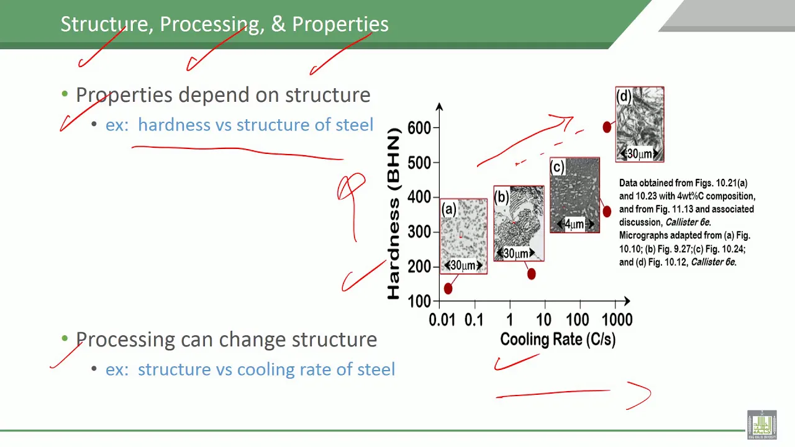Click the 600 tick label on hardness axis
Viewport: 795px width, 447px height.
point(419,128)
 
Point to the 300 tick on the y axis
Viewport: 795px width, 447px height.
point(419,232)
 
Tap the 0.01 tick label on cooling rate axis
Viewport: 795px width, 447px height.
point(442,320)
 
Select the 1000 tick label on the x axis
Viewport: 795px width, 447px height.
point(617,320)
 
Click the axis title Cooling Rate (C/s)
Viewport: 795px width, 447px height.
point(558,340)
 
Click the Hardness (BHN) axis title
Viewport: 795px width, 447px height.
point(394,214)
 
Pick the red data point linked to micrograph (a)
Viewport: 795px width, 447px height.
point(448,289)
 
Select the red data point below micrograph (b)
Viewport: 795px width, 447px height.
point(531,274)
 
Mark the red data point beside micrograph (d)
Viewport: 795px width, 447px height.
point(607,127)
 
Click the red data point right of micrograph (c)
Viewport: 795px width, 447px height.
point(607,212)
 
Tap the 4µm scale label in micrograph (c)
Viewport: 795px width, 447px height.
point(575,224)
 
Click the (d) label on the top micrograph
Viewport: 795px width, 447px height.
point(624,96)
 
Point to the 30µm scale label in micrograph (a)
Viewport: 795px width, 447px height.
point(463,265)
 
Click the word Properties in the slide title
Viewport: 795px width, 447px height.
point(340,24)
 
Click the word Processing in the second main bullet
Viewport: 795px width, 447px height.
point(125,340)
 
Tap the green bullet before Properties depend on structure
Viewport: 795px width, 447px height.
point(65,94)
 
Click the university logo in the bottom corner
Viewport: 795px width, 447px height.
point(762,425)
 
